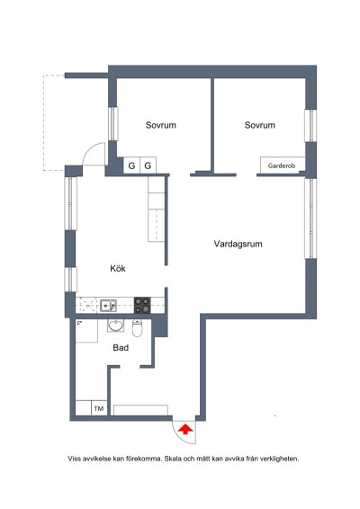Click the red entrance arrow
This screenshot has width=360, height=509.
click(185, 429)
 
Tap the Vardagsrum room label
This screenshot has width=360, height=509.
click(238, 244)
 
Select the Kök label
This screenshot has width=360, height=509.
click(118, 269)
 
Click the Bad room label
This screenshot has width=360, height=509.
click(121, 348)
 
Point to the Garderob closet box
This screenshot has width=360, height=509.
click(283, 165)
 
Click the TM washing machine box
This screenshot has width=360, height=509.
click(99, 408)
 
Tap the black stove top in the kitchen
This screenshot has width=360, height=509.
click(142, 306)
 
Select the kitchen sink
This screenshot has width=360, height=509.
click(108, 306)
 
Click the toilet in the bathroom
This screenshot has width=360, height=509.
click(137, 328)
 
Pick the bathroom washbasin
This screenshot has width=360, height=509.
click(116, 326)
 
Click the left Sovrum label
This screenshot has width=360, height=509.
click(161, 125)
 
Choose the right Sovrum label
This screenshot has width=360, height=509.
click(259, 125)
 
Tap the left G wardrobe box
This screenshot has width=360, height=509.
click(131, 165)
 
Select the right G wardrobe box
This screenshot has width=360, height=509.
click(148, 165)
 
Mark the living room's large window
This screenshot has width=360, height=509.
click(310, 219)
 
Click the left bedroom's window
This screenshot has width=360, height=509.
click(113, 124)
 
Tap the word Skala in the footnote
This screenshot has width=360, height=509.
click(173, 459)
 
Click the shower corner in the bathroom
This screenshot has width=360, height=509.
click(86, 331)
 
